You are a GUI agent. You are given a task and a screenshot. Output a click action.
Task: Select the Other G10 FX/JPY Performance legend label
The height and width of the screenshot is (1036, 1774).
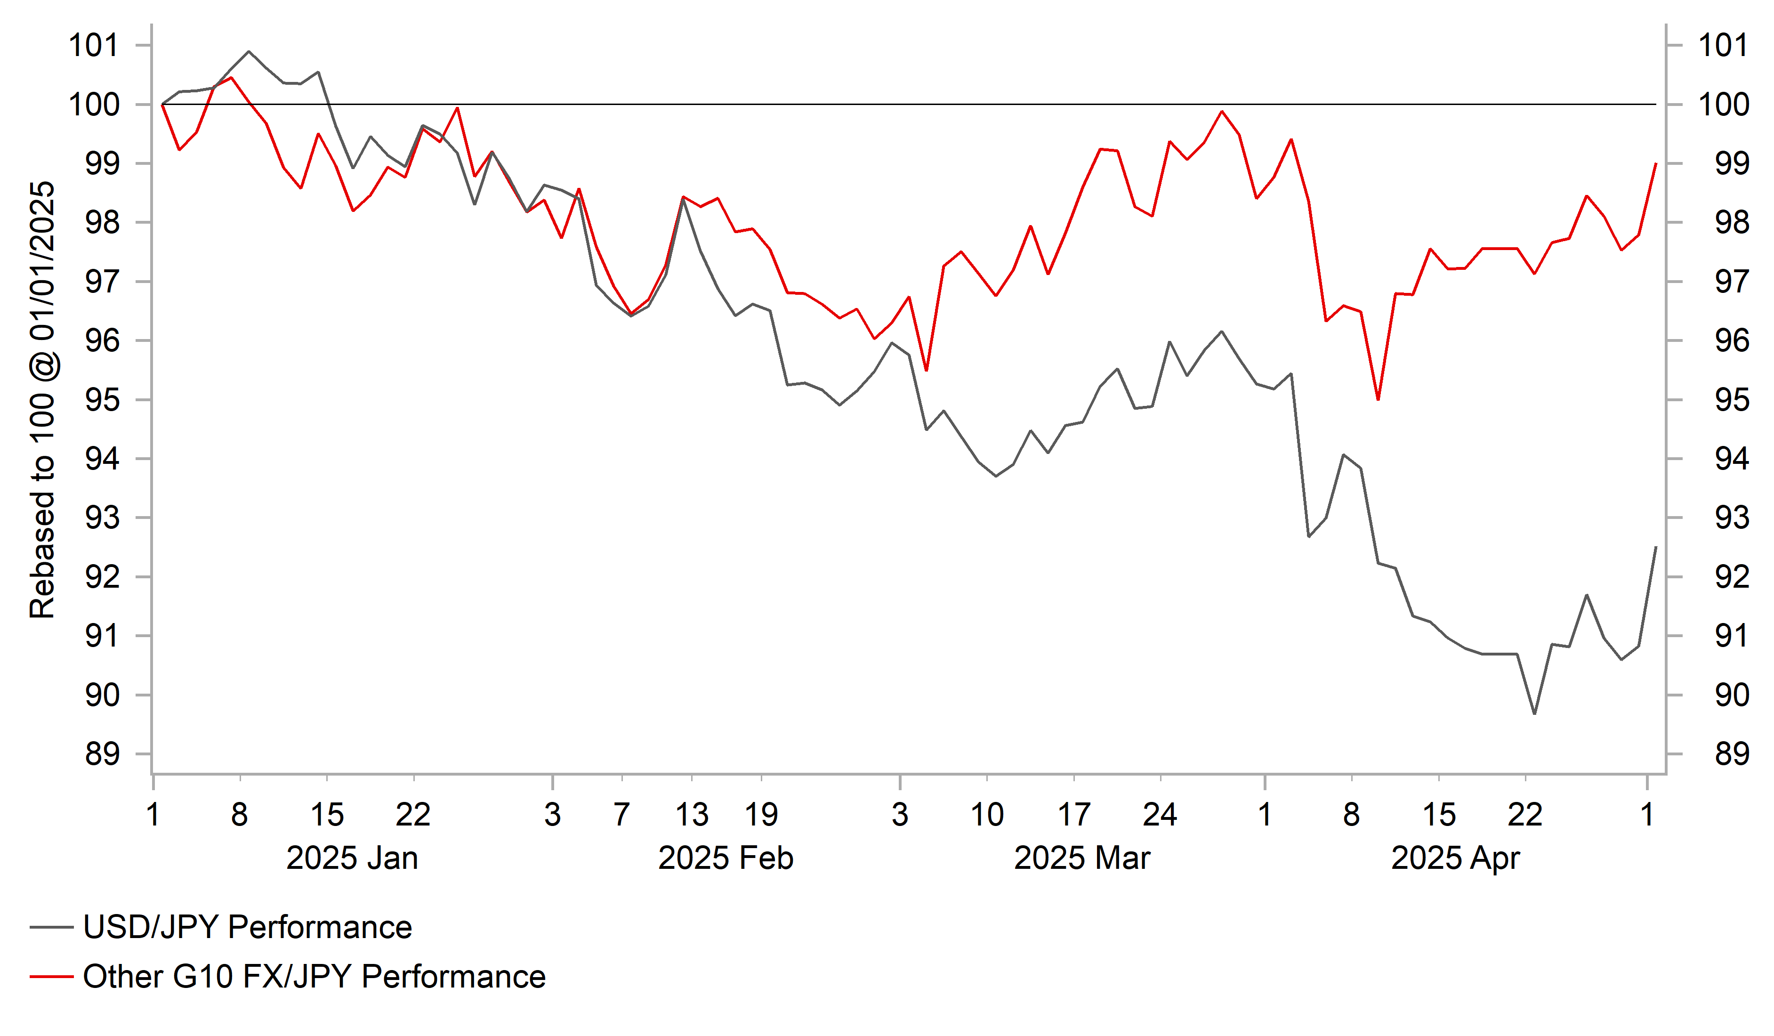313,977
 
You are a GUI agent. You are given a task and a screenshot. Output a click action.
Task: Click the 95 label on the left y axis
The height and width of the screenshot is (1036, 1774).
102,400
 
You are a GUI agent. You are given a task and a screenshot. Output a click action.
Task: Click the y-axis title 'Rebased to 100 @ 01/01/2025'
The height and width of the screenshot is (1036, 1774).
42,400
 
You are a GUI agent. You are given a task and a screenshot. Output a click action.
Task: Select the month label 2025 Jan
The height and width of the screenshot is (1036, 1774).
352,858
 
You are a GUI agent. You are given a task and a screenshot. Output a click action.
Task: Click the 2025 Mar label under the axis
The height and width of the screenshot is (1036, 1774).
1081,858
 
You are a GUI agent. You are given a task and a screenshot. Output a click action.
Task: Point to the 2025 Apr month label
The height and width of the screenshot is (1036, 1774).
1455,858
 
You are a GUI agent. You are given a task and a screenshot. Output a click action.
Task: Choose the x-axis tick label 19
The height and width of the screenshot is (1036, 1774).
761,815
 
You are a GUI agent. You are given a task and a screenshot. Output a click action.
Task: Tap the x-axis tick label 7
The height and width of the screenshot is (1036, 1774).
621,815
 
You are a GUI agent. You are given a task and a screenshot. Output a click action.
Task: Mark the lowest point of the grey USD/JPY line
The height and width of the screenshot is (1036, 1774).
1535,713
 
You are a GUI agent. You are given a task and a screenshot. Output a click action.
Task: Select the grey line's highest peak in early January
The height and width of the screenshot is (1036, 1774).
249,51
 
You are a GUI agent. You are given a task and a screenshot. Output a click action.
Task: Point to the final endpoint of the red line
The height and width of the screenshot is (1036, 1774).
1656,163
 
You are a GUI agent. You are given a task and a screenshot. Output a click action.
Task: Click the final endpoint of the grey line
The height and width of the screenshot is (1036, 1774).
1656,547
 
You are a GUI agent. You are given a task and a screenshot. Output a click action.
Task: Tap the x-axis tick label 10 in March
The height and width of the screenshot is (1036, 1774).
986,815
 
